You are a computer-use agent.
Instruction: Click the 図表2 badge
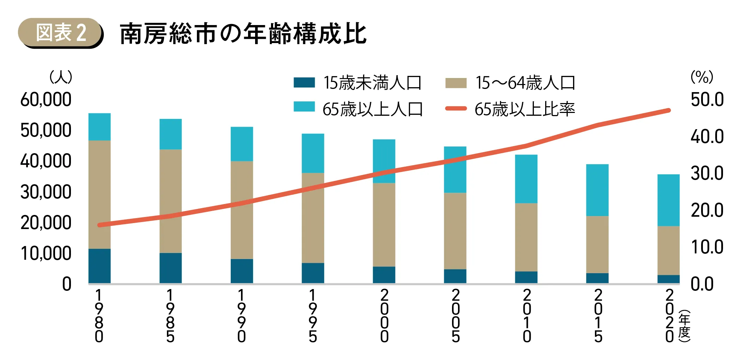[61, 33]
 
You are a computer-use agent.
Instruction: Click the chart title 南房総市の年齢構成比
[243, 34]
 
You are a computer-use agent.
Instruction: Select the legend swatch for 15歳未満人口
[304, 82]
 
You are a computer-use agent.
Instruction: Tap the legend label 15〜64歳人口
[525, 83]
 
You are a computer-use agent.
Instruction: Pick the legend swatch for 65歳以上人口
[304, 107]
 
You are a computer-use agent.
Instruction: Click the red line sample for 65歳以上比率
[456, 109]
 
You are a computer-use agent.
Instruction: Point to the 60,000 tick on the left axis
[46, 100]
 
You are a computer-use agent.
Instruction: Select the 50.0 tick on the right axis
[707, 100]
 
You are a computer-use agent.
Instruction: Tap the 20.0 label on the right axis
[707, 210]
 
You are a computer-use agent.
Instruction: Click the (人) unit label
[61, 77]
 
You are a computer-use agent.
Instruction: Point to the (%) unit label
[702, 77]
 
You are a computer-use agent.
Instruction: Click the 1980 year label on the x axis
[99, 316]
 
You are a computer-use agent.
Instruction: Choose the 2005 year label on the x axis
[456, 316]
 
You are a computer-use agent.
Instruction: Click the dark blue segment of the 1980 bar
[100, 266]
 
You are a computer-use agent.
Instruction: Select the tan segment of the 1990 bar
[242, 210]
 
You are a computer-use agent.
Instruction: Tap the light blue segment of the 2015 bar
[597, 190]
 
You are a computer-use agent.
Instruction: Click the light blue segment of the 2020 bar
[668, 200]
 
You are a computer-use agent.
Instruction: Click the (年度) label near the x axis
[684, 326]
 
